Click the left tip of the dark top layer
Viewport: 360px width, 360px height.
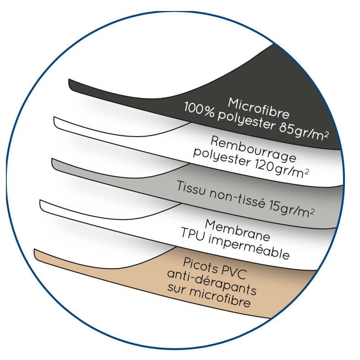click(x=70, y=83)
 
